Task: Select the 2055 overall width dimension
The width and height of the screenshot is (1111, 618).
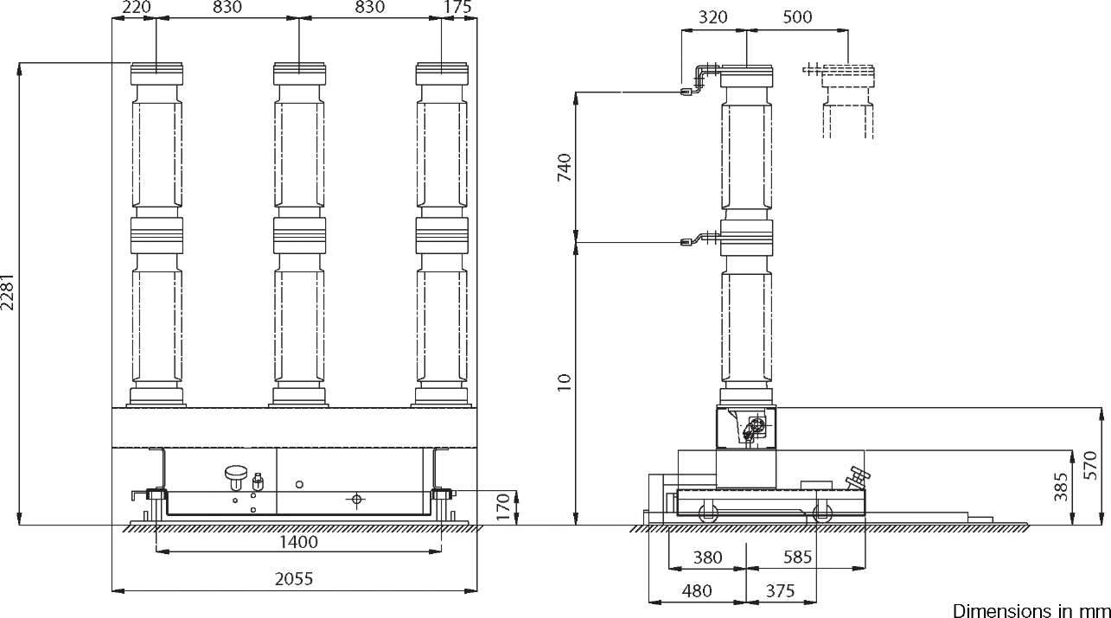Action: pos(294,579)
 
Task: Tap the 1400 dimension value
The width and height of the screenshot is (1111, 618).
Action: pos(298,542)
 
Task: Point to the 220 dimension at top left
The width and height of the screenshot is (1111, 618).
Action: pos(137,7)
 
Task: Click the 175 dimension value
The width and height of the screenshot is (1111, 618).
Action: pos(457,7)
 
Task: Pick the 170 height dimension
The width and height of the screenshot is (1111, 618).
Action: pos(503,507)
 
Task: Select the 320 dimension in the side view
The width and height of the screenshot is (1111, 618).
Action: pos(712,17)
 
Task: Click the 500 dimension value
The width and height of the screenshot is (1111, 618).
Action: pos(797,17)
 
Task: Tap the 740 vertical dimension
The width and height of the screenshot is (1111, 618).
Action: pos(565,167)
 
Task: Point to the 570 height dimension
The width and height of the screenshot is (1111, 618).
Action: pos(1090,465)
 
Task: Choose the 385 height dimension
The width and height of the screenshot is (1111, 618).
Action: pos(1060,487)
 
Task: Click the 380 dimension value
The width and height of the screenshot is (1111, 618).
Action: pos(707,557)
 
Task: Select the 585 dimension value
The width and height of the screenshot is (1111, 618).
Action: pos(797,557)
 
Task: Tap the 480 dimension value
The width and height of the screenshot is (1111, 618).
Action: pos(697,590)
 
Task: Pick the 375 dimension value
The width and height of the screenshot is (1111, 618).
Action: pos(780,590)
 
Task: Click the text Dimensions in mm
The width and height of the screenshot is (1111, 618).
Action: pos(1031,610)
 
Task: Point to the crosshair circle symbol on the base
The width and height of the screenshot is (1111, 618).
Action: pos(356,500)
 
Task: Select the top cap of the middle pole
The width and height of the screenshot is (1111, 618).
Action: pos(299,73)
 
